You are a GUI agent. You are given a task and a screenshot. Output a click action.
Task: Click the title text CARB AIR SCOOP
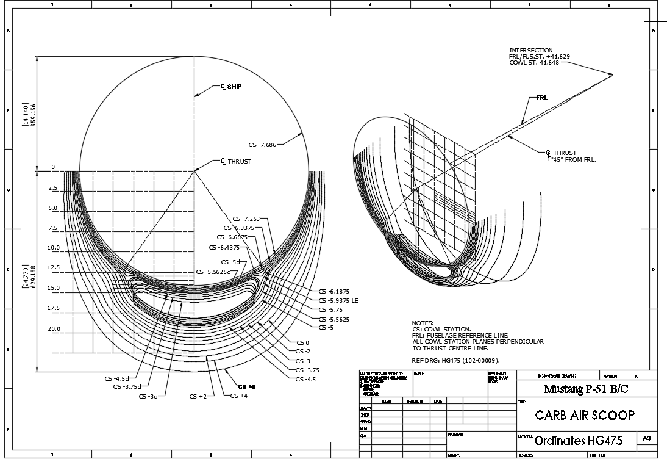(x=585, y=416)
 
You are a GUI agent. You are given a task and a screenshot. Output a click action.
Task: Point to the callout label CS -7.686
(x=262, y=145)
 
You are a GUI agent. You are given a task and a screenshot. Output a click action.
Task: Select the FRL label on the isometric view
(x=542, y=98)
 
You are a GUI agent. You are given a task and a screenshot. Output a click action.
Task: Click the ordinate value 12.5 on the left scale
(x=54, y=268)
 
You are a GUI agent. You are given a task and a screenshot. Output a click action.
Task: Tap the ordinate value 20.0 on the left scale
(x=54, y=328)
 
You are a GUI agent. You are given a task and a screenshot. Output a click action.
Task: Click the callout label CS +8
(x=247, y=387)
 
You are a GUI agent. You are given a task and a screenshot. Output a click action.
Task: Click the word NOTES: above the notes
(x=423, y=323)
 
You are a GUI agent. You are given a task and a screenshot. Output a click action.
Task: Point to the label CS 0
(x=303, y=343)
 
